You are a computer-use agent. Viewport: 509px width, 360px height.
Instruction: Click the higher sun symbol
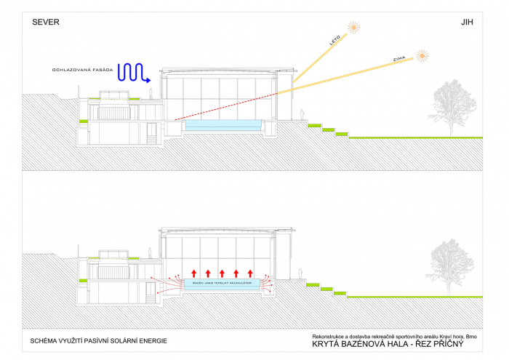click(x=353, y=28)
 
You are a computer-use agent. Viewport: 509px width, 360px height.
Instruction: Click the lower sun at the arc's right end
click(x=422, y=55)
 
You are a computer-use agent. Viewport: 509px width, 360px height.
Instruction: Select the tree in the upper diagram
click(x=452, y=106)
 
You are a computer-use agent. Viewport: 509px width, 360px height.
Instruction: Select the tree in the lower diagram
click(x=449, y=265)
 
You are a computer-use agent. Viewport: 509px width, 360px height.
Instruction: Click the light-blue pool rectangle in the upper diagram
click(x=223, y=124)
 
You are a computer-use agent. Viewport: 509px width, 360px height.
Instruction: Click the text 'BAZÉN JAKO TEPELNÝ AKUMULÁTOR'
click(x=222, y=283)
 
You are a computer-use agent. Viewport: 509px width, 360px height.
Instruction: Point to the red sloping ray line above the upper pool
click(x=225, y=106)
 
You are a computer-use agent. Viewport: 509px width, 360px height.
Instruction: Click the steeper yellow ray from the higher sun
click(x=320, y=58)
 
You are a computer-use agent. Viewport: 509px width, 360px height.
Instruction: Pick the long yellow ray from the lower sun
click(x=345, y=76)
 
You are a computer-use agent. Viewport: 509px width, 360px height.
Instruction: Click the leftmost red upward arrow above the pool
click(x=194, y=273)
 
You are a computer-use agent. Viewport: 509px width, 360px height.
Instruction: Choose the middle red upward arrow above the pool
click(x=222, y=273)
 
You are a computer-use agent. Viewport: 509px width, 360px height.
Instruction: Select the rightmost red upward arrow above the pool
click(x=250, y=273)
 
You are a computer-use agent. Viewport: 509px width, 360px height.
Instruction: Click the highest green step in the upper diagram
click(x=314, y=126)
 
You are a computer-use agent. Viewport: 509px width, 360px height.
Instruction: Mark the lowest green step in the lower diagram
click(x=340, y=293)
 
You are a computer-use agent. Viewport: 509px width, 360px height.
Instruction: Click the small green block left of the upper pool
click(x=84, y=121)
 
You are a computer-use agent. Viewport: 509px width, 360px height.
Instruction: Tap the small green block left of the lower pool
click(x=83, y=280)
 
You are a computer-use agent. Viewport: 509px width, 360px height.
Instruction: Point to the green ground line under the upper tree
click(x=414, y=137)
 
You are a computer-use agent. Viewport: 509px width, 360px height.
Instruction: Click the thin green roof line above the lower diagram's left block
click(x=113, y=258)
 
